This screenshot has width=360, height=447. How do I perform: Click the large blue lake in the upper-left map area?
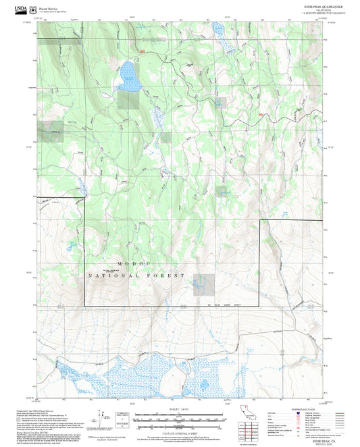(x=128, y=76)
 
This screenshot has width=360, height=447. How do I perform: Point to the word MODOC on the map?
(x=127, y=263)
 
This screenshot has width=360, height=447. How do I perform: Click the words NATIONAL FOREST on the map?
(x=136, y=276)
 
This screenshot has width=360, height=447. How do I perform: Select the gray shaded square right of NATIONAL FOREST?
(x=204, y=284)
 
